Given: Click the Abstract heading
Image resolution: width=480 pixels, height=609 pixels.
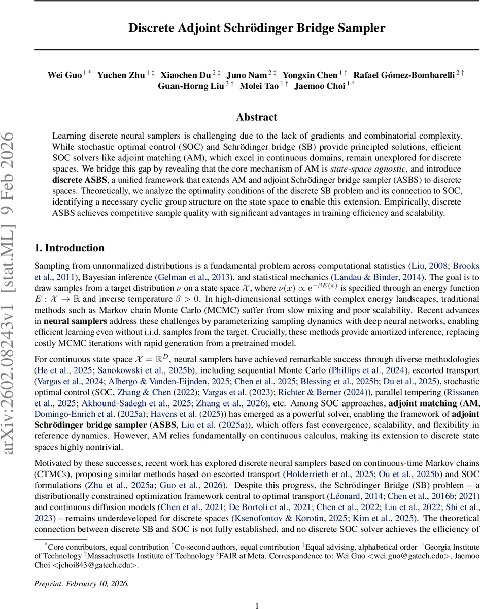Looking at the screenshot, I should pyautogui.click(x=257, y=117).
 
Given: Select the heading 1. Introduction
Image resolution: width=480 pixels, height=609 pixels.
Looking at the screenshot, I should pyautogui.click(x=69, y=248).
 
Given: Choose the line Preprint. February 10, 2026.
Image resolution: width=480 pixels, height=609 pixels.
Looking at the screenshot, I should pyautogui.click(x=81, y=584).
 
